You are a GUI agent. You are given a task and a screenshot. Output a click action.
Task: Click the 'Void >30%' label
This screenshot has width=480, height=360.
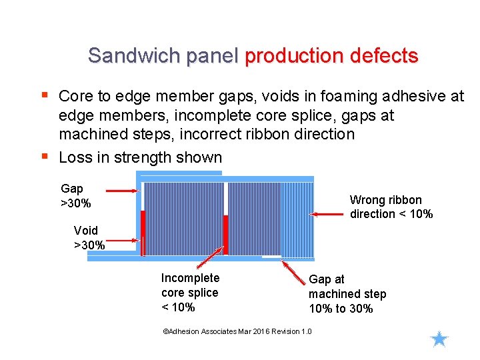(89, 238)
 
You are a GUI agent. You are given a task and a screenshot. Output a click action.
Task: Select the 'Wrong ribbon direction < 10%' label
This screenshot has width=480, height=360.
(391, 207)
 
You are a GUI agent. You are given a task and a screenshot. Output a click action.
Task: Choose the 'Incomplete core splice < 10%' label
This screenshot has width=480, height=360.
(190, 293)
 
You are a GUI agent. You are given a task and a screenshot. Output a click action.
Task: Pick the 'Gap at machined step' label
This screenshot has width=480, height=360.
(347, 294)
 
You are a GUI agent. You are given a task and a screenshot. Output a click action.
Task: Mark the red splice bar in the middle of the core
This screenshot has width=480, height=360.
(225, 235)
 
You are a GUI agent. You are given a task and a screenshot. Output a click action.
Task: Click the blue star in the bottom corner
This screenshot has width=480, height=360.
(439, 339)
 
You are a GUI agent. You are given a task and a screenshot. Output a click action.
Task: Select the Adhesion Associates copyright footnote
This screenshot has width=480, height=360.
(237, 331)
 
